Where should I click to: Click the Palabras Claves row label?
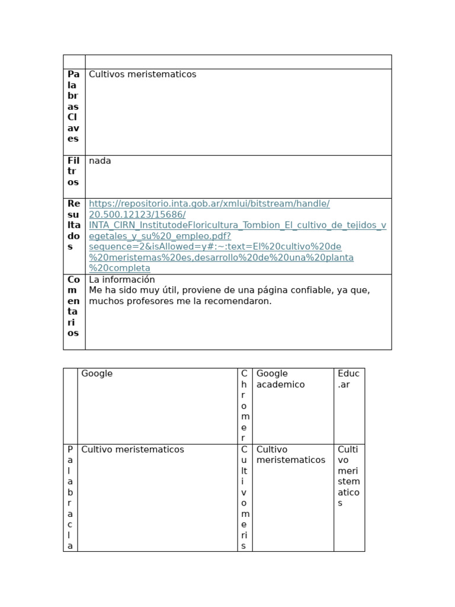(x=73, y=107)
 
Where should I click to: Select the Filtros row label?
(x=73, y=171)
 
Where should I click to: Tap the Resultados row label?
(x=73, y=225)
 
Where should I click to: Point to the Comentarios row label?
(x=73, y=306)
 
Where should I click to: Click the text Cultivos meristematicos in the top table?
(x=142, y=75)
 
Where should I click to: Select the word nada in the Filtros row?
(x=100, y=161)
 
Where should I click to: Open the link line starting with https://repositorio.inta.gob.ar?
(x=209, y=204)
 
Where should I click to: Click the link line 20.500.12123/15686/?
(x=137, y=215)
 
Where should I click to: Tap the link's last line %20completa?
(x=119, y=269)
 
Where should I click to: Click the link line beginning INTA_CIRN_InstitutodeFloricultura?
(x=237, y=225)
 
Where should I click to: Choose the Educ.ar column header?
(x=348, y=379)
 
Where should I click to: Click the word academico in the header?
(x=280, y=385)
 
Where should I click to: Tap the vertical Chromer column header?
(x=244, y=406)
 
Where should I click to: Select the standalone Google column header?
(x=97, y=374)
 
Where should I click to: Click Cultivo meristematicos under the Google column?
(x=132, y=450)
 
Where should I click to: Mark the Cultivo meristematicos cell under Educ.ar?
(x=348, y=476)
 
